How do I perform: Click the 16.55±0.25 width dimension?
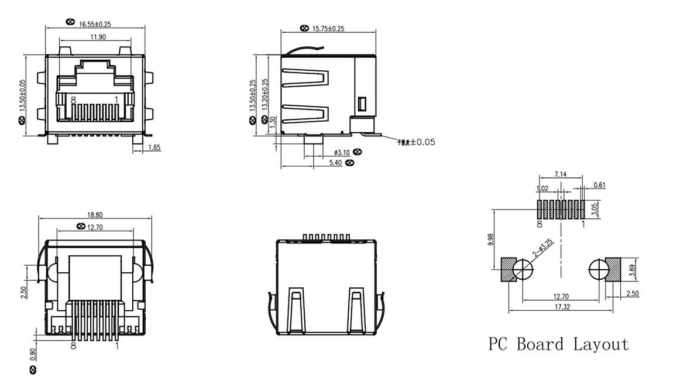tap(95, 24)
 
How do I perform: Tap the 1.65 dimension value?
tap(154, 147)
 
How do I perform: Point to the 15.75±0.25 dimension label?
tap(328, 28)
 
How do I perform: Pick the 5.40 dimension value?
tap(336, 163)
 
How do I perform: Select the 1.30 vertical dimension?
tap(272, 121)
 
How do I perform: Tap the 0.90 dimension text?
tap(32, 355)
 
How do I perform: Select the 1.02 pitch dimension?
tap(542, 188)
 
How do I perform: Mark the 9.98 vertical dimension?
tap(490, 241)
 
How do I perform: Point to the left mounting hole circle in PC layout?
tap(523, 270)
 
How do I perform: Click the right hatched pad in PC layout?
tap(615, 270)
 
